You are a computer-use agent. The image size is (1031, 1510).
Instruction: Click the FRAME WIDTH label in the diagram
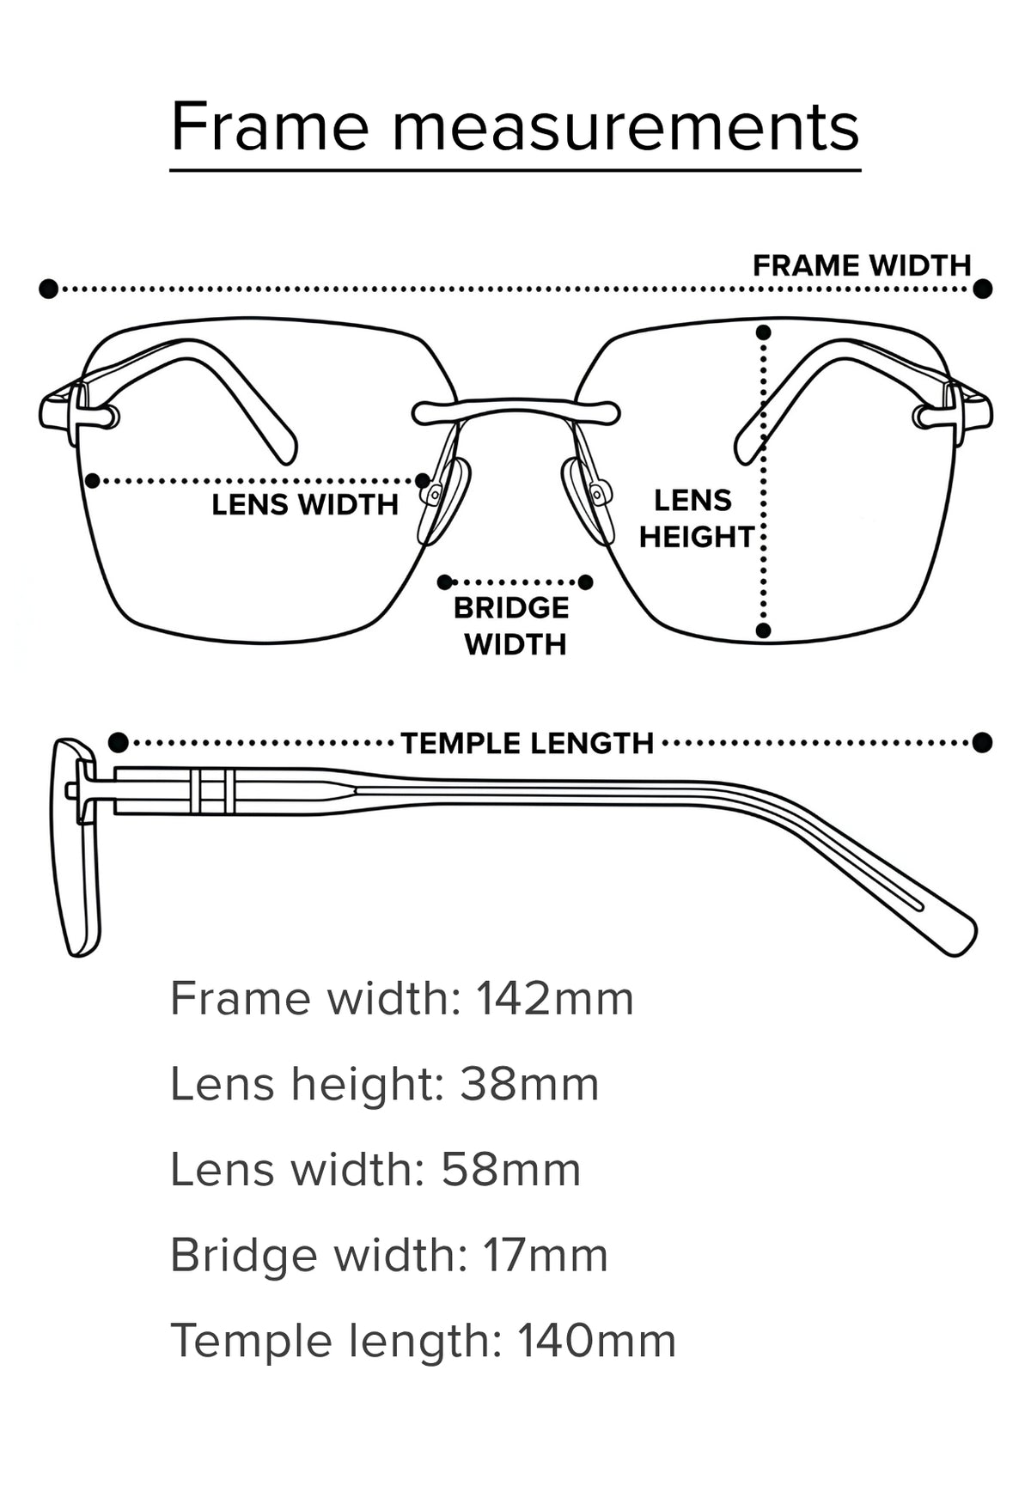tap(862, 266)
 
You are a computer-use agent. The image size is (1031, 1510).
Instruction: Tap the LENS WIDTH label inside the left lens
tap(305, 504)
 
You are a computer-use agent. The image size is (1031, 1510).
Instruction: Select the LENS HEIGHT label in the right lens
tap(695, 518)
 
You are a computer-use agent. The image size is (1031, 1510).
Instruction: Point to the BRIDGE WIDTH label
tap(512, 625)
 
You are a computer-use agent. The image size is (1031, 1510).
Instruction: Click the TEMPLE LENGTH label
tap(528, 743)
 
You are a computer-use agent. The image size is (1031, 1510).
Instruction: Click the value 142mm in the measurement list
tap(555, 998)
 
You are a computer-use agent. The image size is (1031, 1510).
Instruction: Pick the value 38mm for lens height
tap(529, 1083)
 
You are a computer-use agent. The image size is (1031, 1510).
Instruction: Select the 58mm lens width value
tap(511, 1169)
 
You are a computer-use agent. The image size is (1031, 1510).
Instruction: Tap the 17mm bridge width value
tap(546, 1255)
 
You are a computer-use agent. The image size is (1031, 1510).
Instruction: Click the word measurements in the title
tap(625, 127)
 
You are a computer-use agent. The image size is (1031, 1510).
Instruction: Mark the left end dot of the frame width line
tap(49, 289)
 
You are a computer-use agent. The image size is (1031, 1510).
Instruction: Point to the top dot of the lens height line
tap(763, 332)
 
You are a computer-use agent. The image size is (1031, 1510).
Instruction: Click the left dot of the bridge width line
tap(444, 582)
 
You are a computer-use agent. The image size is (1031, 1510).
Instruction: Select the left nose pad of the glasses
tap(443, 501)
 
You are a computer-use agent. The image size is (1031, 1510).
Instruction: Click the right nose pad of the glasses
tap(588, 501)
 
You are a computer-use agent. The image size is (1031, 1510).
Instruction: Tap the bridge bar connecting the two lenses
tap(515, 411)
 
